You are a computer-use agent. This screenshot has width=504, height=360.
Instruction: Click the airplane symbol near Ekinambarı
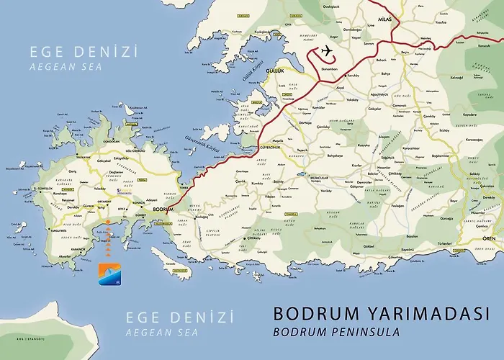325,51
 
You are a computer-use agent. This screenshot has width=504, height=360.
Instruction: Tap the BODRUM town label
163,208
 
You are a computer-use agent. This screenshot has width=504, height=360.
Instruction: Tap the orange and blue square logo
106,274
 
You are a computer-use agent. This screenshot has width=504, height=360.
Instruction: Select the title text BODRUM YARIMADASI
382,315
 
